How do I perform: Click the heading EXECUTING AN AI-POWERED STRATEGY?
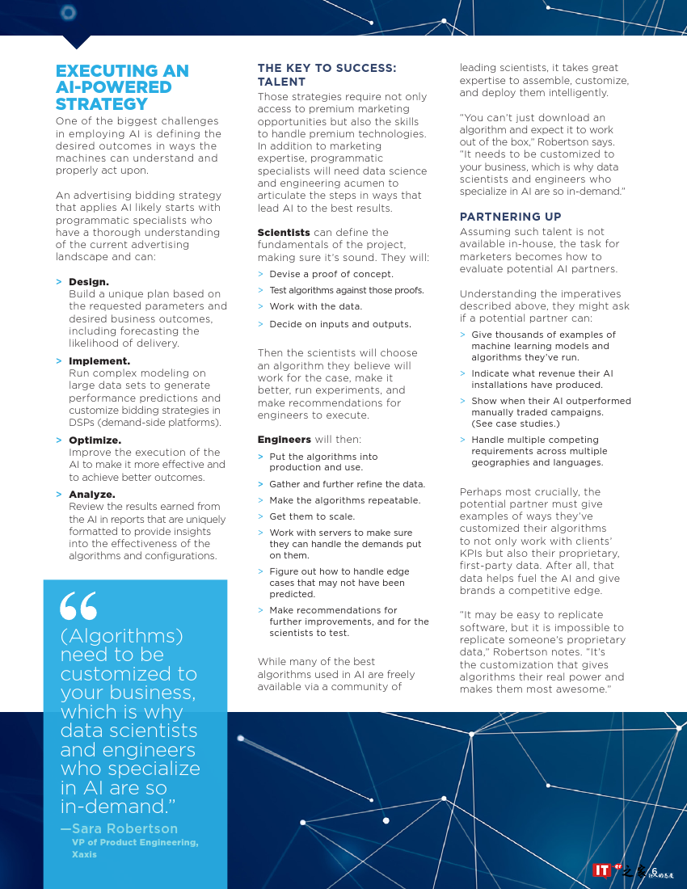pos(122,87)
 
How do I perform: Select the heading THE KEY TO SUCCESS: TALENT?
pos(327,74)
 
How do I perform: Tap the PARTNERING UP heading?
pos(510,217)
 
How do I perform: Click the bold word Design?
pos(88,281)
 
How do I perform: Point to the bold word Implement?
pos(99,360)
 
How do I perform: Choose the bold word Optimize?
pos(95,440)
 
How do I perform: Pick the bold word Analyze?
pos(91,494)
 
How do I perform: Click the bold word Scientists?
pos(283,232)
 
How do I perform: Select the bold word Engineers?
pos(284,439)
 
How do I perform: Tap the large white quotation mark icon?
pos(78,606)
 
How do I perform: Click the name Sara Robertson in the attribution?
pos(124,828)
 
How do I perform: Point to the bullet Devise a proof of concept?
pos(331,274)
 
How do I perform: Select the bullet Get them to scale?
pos(312,516)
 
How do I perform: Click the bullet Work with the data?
pos(315,306)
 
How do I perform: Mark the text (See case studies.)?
pos(516,423)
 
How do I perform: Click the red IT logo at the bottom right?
pos(601,870)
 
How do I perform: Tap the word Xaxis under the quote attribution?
pos(84,854)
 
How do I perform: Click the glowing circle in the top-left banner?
pos(68,12)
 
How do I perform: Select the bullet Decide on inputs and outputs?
pos(340,324)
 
